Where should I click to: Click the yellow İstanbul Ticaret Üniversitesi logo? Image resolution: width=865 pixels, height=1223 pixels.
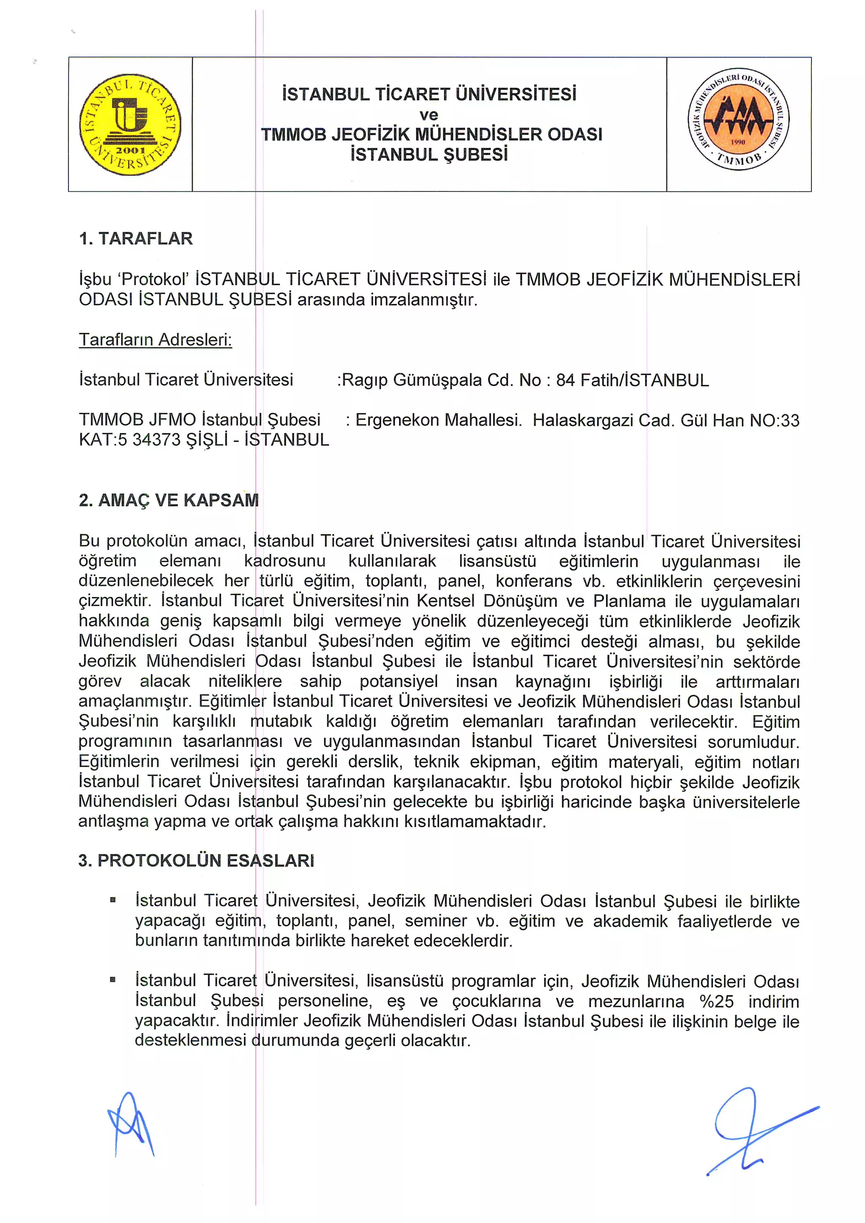tap(130, 124)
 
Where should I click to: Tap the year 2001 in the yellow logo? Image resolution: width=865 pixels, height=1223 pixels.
tap(131, 151)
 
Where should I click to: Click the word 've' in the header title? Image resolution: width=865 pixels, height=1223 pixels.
tap(429, 114)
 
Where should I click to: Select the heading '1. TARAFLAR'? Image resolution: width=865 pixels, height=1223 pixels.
tap(136, 238)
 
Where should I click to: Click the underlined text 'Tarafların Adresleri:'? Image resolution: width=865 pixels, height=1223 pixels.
tap(155, 339)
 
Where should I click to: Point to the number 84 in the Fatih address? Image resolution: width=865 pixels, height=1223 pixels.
tap(565, 380)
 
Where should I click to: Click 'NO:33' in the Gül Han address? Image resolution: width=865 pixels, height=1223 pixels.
tap(775, 421)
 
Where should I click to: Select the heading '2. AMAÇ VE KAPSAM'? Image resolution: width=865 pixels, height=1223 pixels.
tap(169, 500)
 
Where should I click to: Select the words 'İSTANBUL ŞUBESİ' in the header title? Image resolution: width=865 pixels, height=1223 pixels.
tap(429, 155)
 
